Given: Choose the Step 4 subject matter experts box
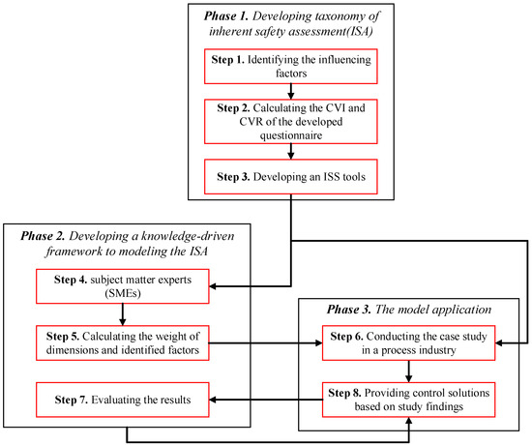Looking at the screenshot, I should tap(122, 285).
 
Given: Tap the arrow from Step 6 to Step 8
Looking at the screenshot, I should tap(409, 369).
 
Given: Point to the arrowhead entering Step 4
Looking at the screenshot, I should tap(215, 285).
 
